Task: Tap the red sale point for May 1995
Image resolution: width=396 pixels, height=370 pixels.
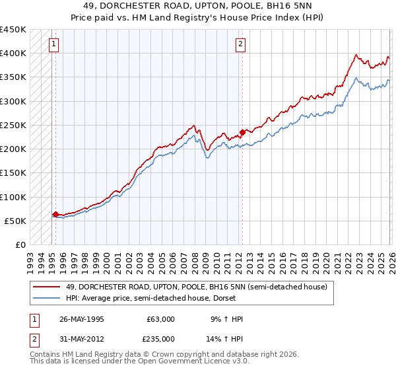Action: [55, 214]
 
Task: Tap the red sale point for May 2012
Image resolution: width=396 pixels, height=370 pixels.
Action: [242, 131]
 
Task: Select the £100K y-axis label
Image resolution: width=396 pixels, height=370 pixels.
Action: [13, 197]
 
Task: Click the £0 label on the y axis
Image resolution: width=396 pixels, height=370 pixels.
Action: [20, 245]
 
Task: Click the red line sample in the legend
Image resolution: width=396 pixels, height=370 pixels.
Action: [48, 287]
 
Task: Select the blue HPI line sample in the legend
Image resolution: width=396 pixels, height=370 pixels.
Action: [48, 299]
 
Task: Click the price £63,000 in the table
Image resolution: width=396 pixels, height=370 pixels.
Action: [160, 319]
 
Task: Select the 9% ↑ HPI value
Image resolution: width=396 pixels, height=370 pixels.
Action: [226, 319]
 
